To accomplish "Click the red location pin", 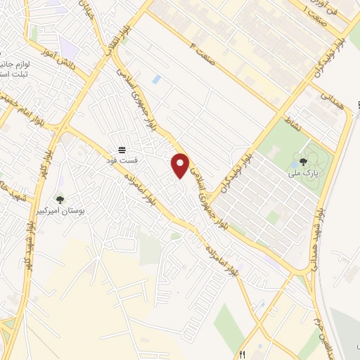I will [181, 165].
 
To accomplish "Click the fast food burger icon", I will [122, 150].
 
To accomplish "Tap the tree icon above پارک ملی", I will [304, 160].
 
